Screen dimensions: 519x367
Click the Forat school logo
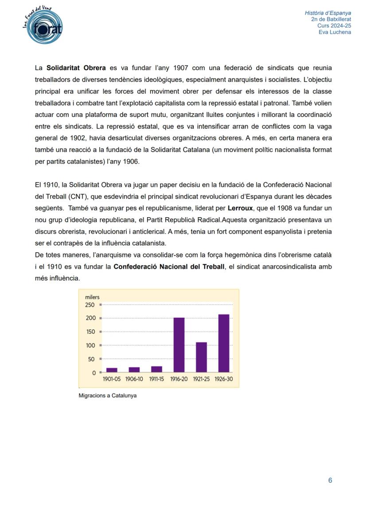[x=43, y=27]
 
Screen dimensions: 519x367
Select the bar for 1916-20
[x=179, y=344]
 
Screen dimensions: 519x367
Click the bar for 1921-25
[x=201, y=357]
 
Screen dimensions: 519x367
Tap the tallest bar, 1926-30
[x=224, y=343]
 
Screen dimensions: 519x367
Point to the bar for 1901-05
[x=112, y=370]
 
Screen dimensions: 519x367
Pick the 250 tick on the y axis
[x=90, y=305]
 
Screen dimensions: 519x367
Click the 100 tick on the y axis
[x=90, y=345]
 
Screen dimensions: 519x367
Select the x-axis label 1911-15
[x=156, y=379]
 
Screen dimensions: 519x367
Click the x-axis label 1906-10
[x=134, y=379]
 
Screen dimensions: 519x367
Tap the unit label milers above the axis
[x=92, y=297]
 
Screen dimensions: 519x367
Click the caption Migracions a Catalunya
[x=107, y=395]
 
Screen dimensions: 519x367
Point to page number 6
[x=330, y=480]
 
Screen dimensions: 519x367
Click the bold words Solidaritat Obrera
[x=76, y=68]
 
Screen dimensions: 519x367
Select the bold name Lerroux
[x=240, y=208]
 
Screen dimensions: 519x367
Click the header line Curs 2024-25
[x=334, y=26]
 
